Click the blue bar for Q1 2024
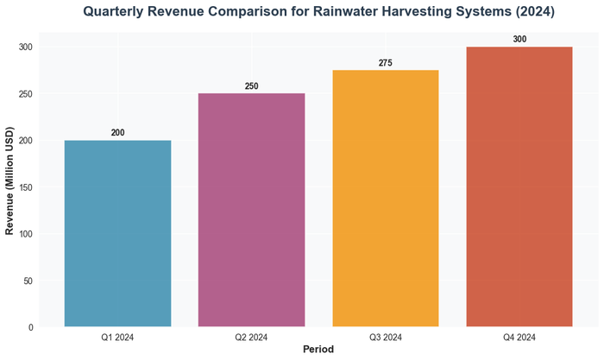[117, 233]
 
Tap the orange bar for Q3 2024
[385, 199]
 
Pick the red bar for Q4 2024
[519, 186]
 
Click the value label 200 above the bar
[117, 132]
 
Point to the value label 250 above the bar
[251, 85]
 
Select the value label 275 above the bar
[385, 62]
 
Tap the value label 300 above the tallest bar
[519, 39]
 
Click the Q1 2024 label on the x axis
[117, 337]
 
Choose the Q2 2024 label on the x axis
[251, 337]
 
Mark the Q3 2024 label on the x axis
[385, 337]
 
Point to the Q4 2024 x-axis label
[519, 337]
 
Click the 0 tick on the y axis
[31, 327]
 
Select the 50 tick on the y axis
[28, 281]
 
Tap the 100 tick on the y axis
[26, 234]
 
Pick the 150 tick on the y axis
[26, 187]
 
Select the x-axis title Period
[318, 350]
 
